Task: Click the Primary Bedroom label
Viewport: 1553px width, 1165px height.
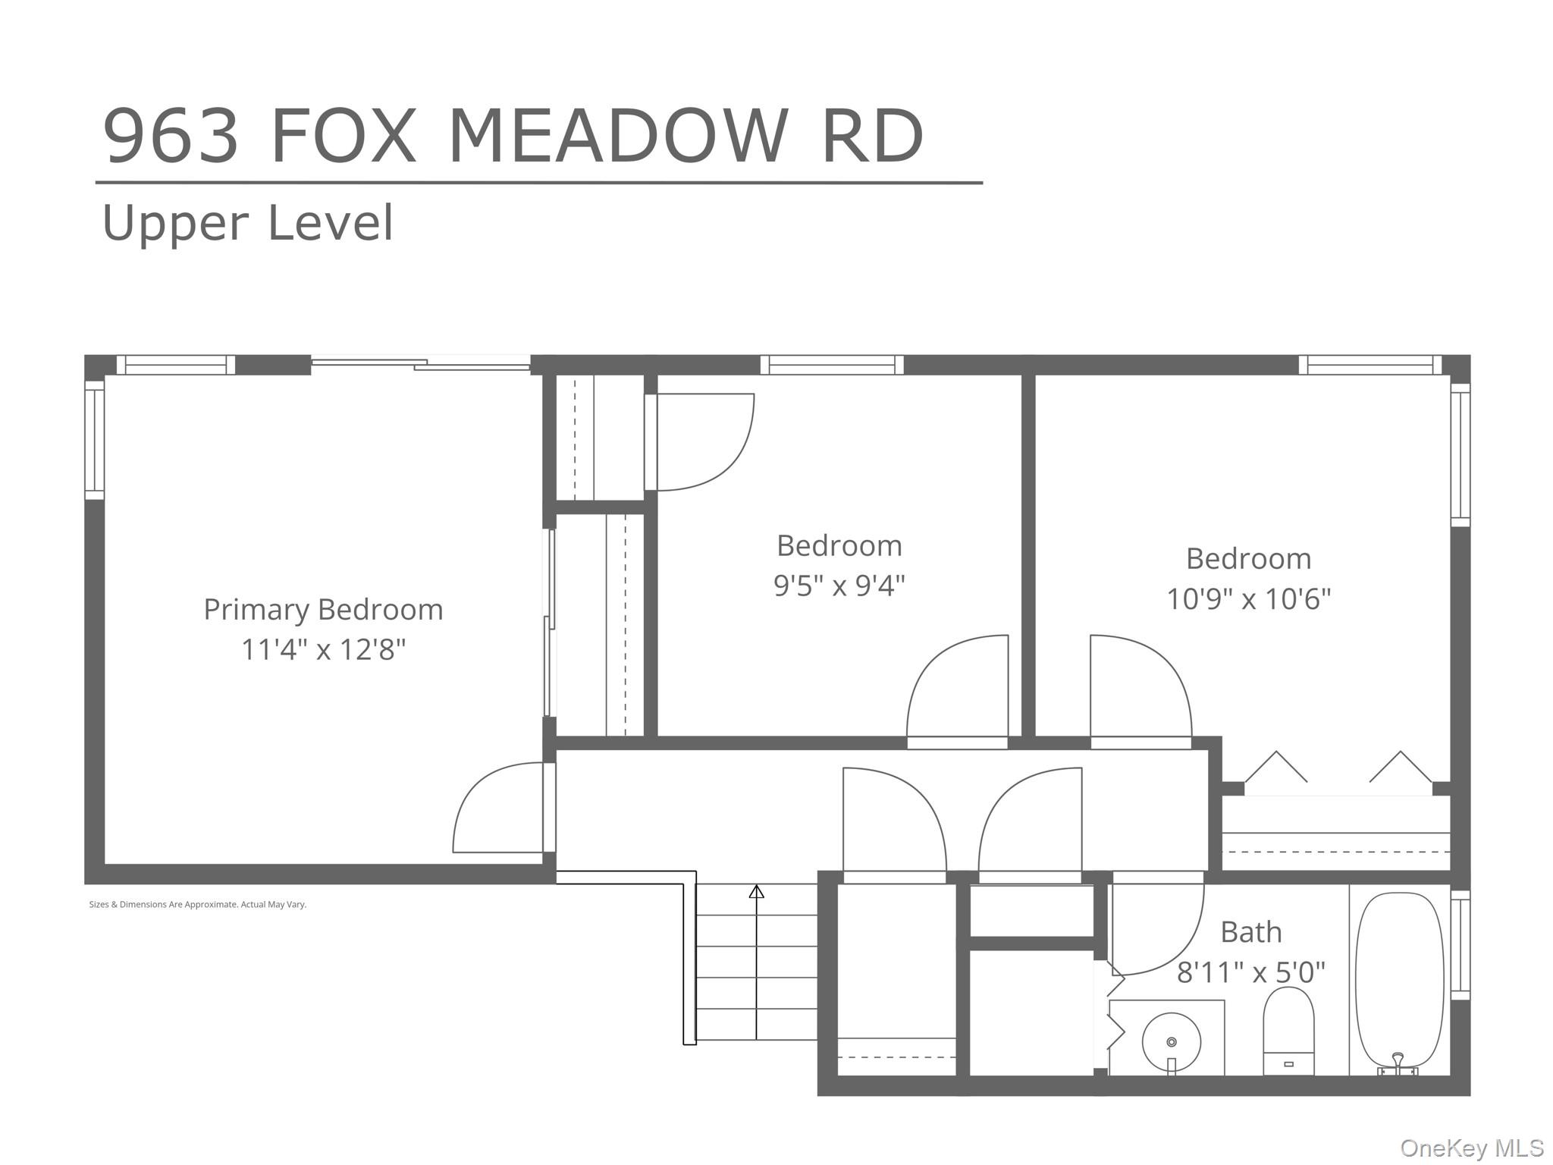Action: pyautogui.click(x=323, y=610)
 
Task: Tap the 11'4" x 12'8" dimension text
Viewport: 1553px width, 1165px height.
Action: pyautogui.click(x=324, y=650)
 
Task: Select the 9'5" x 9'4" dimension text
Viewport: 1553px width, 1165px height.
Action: pyautogui.click(x=839, y=586)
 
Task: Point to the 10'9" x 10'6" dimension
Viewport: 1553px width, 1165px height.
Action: pyautogui.click(x=1248, y=599)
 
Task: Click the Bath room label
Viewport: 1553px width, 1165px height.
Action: pyautogui.click(x=1251, y=932)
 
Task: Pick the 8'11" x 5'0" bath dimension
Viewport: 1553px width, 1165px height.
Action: pyautogui.click(x=1251, y=972)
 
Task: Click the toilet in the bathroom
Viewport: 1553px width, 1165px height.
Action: pyautogui.click(x=1288, y=1032)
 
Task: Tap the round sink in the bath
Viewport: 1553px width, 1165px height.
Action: pyautogui.click(x=1172, y=1042)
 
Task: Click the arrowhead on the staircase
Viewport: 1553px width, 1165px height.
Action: pyautogui.click(x=756, y=892)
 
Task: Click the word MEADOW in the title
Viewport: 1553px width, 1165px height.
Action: pyautogui.click(x=619, y=137)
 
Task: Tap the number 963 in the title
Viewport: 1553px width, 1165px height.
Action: pyautogui.click(x=171, y=137)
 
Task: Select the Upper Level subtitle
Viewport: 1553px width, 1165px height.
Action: pyautogui.click(x=248, y=223)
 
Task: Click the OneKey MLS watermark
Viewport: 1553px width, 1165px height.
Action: pyautogui.click(x=1472, y=1148)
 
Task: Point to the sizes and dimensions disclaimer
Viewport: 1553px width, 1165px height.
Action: pyautogui.click(x=198, y=905)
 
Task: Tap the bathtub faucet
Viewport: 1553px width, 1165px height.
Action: pyautogui.click(x=1398, y=1063)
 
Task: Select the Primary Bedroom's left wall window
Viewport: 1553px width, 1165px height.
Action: pyautogui.click(x=94, y=441)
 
